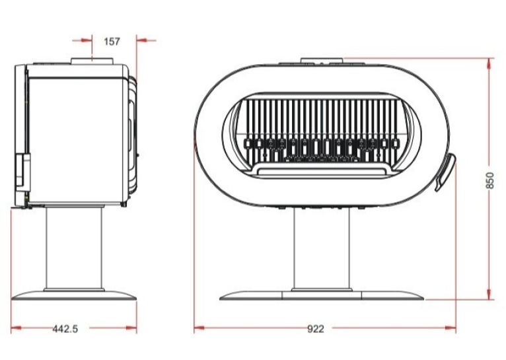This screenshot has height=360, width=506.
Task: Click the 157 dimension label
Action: (112, 42)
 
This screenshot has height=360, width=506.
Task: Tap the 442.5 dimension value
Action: (65, 329)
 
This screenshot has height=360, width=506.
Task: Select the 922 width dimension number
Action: (315, 329)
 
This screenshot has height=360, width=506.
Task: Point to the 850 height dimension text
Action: (489, 180)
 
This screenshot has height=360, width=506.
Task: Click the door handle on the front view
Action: (446, 172)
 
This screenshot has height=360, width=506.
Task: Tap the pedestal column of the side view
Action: (74, 248)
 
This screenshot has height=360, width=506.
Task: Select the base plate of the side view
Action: (74, 295)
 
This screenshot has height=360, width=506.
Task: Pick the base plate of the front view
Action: (322, 295)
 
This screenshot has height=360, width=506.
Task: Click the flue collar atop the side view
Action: (92, 61)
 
